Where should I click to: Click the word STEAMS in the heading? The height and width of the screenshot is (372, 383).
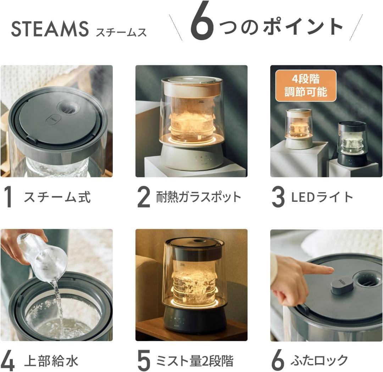(50, 29)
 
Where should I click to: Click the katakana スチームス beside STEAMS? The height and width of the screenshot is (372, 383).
(121, 32)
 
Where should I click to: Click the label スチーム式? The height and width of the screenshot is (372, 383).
(57, 197)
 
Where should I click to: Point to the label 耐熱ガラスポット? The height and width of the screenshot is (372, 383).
(199, 197)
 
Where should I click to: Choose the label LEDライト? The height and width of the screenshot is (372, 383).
(322, 197)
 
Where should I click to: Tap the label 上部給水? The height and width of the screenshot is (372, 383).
(51, 361)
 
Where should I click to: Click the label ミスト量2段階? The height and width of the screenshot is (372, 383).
(195, 361)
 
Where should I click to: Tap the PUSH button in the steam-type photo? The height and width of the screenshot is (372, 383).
(53, 120)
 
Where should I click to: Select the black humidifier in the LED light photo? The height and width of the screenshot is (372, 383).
(352, 144)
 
